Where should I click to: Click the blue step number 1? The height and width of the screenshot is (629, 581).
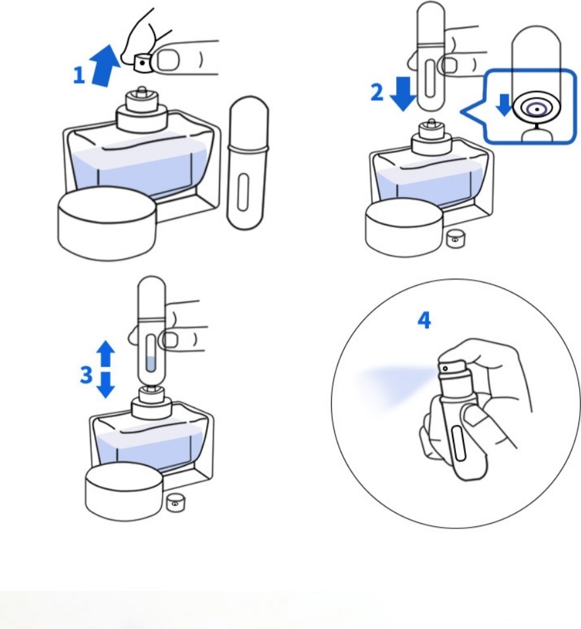click(x=79, y=76)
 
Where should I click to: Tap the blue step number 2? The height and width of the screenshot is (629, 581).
click(x=377, y=93)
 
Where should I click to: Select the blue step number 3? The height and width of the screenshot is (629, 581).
click(x=86, y=375)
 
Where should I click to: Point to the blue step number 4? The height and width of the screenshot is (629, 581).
click(x=424, y=321)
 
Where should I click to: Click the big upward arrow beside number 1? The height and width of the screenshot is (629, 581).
click(x=104, y=65)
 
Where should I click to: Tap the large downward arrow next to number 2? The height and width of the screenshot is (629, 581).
click(x=403, y=94)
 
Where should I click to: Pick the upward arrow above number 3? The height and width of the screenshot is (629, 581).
click(x=106, y=354)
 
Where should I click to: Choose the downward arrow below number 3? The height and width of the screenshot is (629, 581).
click(x=106, y=385)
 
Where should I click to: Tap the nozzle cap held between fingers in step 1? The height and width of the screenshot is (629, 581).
click(x=143, y=63)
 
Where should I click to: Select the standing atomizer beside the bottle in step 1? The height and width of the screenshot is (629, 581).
click(x=247, y=163)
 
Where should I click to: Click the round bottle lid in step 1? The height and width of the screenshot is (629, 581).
click(x=107, y=223)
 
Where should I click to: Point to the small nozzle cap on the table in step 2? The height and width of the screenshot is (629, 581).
click(x=455, y=239)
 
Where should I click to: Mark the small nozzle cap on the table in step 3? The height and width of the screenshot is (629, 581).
click(x=175, y=503)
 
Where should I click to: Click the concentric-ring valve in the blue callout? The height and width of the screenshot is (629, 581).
click(x=536, y=109)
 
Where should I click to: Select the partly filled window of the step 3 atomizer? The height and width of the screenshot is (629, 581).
click(x=151, y=353)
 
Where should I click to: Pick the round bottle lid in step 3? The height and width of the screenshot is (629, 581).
click(x=124, y=492)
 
